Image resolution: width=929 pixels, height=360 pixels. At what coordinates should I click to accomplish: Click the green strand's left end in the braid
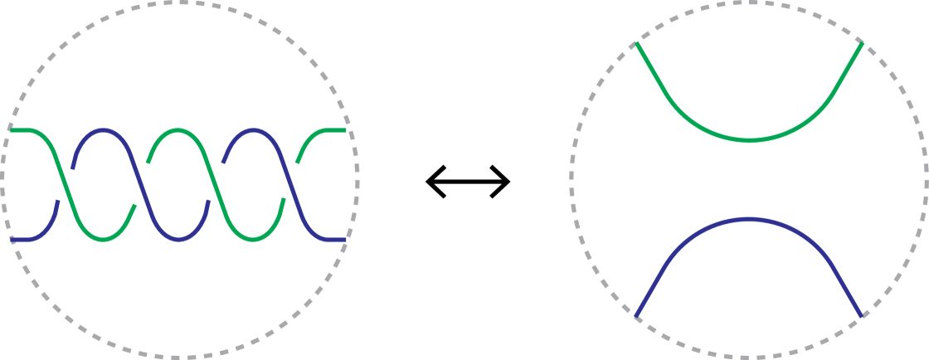[11, 130]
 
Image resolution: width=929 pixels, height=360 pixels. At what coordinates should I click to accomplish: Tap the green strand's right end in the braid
[345, 130]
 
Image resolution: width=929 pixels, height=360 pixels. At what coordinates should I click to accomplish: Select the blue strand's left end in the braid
[12, 239]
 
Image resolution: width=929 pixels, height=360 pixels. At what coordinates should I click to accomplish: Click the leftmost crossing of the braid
[65, 184]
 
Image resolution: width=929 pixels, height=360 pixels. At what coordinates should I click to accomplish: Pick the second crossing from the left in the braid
[139, 184]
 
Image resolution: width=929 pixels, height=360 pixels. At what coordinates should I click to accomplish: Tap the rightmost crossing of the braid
[290, 184]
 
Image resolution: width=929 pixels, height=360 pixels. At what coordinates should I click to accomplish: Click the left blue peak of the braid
[102, 130]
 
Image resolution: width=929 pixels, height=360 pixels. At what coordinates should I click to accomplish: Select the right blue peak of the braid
[253, 130]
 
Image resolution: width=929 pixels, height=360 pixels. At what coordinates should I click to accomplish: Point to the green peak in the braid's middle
[178, 130]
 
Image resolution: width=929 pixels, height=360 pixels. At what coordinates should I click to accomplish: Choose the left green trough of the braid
[102, 240]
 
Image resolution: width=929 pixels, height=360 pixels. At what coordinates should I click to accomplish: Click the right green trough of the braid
[253, 240]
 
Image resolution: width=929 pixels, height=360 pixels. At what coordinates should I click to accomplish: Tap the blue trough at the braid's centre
[178, 240]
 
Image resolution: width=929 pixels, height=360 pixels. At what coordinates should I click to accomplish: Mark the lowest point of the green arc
[749, 140]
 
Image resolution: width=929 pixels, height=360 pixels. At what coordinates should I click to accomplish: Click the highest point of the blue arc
[749, 219]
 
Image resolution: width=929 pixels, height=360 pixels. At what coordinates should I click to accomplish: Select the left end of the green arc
[636, 44]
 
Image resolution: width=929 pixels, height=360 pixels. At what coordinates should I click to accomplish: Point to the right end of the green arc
[862, 44]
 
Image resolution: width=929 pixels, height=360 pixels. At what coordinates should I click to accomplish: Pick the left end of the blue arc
[636, 315]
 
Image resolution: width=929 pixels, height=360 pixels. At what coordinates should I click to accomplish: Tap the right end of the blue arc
[862, 315]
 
